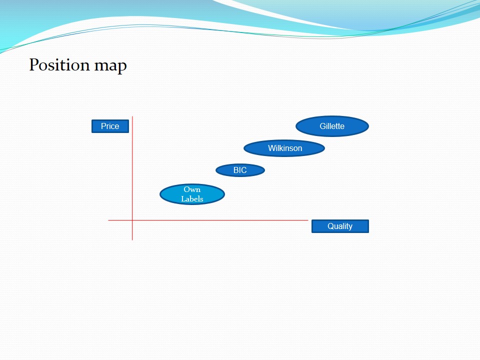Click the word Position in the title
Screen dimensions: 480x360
coord(59,65)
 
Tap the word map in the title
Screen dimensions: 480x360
coord(110,66)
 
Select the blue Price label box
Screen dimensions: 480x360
coord(110,126)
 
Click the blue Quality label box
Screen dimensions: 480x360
coord(340,226)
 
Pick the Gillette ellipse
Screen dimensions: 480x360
coord(332,126)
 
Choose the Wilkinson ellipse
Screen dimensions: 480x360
coord(284,148)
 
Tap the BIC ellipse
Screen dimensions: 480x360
coord(240,170)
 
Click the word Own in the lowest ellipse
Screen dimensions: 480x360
coord(192,189)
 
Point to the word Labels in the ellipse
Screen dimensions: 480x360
coord(192,198)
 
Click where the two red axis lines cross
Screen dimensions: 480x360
coord(132,220)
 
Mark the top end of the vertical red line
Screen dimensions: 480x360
coord(132,116)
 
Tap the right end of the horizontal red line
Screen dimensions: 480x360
coord(308,220)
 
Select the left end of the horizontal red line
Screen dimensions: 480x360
coord(108,220)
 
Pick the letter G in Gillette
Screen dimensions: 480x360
coord(322,126)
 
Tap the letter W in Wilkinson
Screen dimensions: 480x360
coord(272,148)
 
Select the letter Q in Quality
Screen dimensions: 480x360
coord(330,226)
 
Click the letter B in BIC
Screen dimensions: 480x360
coord(236,170)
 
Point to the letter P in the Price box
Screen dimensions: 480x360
coord(103,126)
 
